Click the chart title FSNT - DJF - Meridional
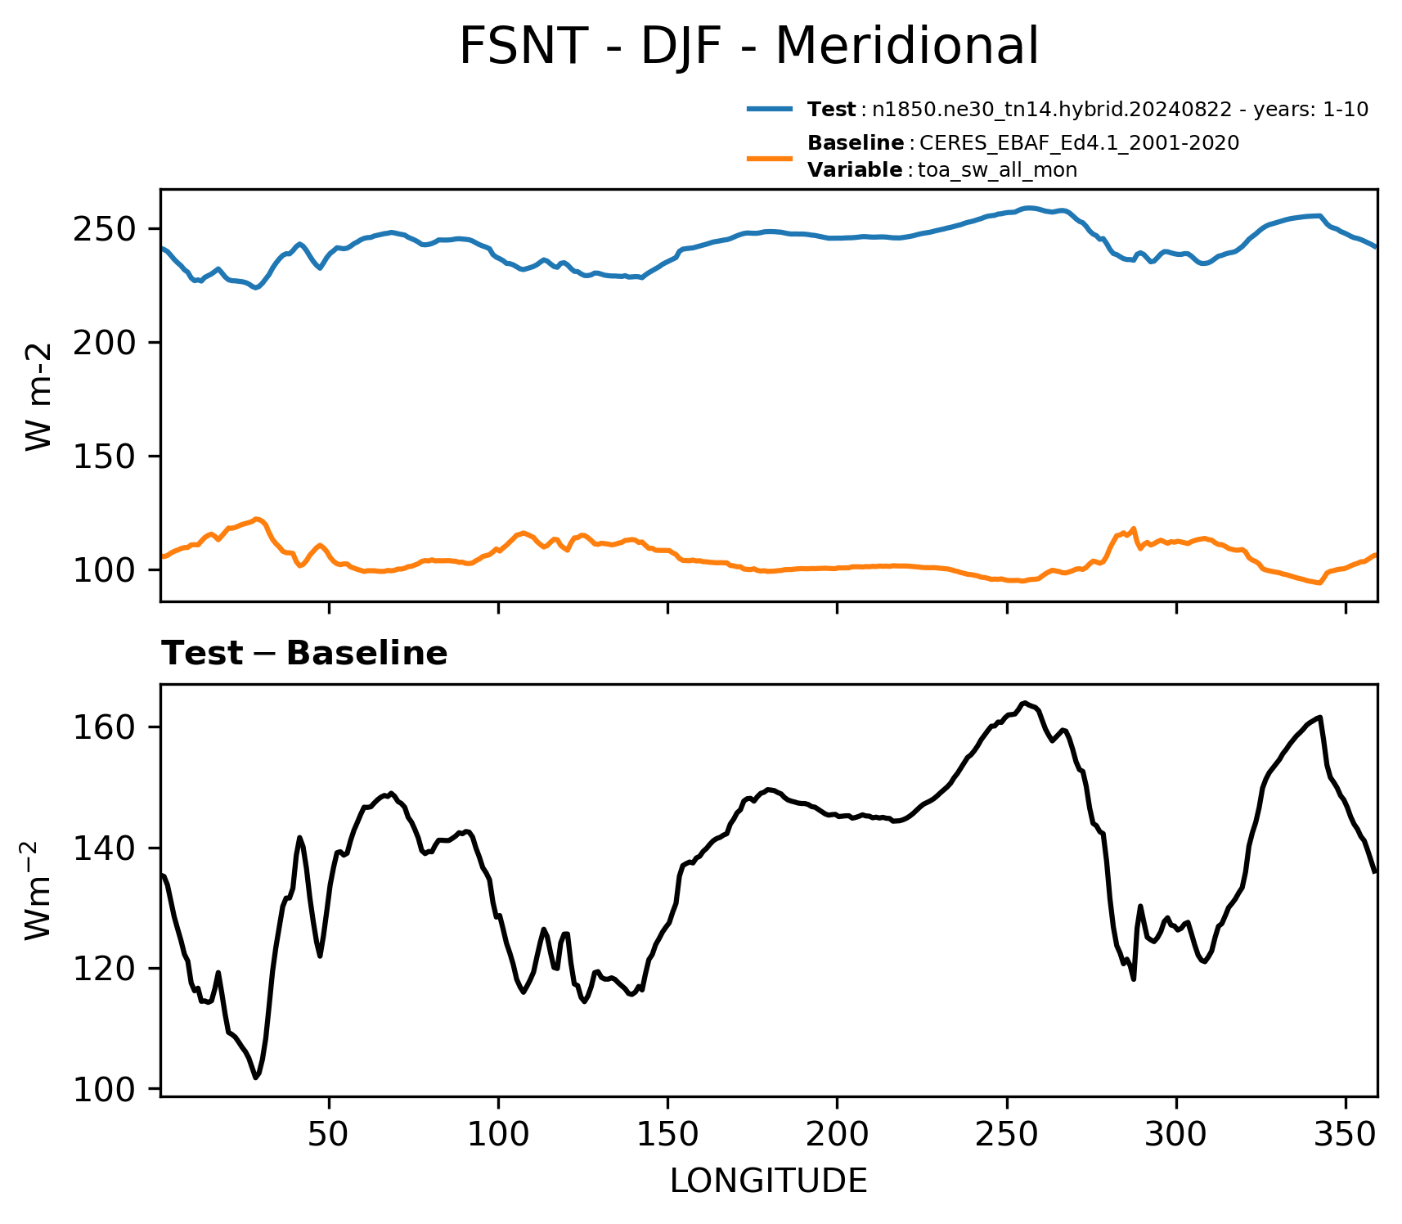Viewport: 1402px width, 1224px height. click(x=748, y=47)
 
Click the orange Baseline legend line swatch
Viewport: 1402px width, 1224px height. click(x=770, y=158)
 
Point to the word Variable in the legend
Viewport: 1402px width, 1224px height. click(x=855, y=170)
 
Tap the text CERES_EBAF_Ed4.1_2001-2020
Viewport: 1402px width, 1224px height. click(x=1080, y=143)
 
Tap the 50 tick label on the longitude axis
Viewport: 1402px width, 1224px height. click(x=329, y=1134)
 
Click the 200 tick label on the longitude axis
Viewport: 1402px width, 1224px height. click(x=837, y=1134)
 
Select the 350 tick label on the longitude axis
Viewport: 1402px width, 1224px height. click(x=1346, y=1134)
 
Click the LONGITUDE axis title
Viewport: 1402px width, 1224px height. click(x=769, y=1181)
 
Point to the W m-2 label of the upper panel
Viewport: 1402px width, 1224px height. click(x=38, y=396)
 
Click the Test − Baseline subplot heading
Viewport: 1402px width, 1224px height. click(x=304, y=654)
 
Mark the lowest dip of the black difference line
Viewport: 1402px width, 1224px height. click(x=256, y=1078)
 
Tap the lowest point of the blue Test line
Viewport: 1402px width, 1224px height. click(x=256, y=288)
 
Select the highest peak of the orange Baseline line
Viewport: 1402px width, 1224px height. click(x=257, y=519)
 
